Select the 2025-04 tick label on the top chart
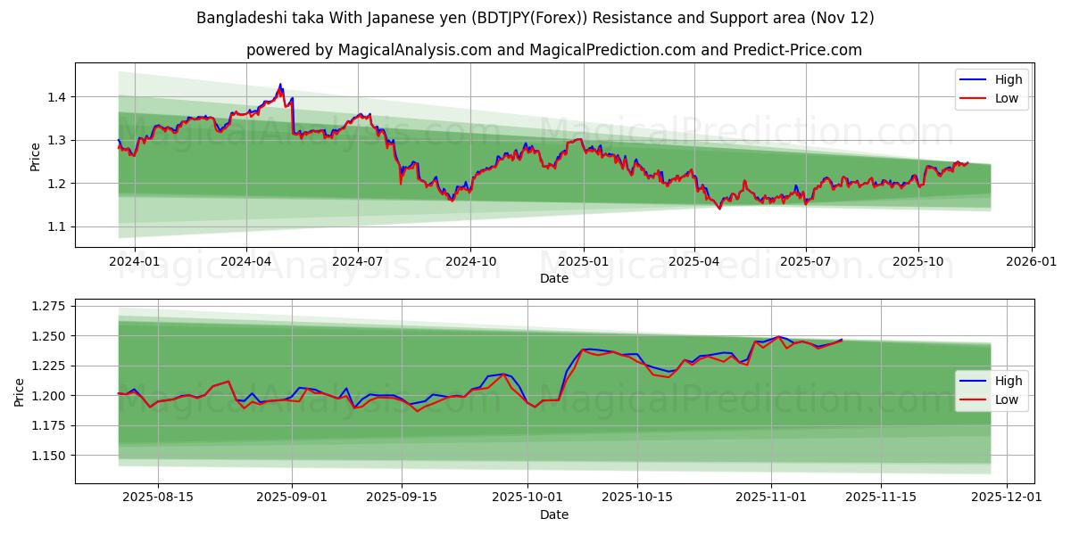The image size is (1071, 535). (x=694, y=261)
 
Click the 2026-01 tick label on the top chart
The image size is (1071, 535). (x=1032, y=261)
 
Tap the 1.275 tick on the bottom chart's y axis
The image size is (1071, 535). (x=48, y=306)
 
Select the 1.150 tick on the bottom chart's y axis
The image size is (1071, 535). (x=48, y=455)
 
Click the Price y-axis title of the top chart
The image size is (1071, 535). (x=35, y=156)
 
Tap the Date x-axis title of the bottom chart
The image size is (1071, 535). (x=553, y=514)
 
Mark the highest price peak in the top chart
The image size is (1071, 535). (x=280, y=85)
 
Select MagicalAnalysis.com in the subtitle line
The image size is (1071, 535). (x=414, y=50)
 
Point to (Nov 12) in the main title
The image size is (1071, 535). (x=843, y=18)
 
